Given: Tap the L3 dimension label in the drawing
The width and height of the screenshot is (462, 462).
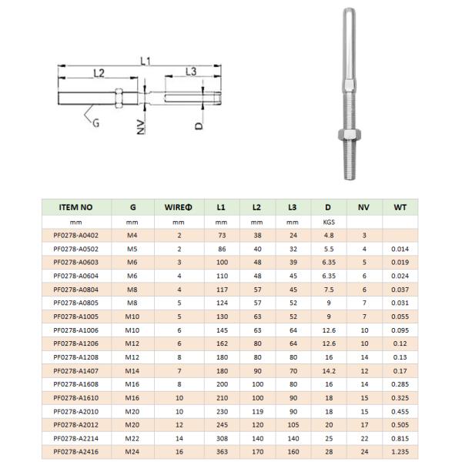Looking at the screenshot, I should (x=191, y=71).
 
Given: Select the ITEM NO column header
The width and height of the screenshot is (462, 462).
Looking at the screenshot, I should (x=75, y=207).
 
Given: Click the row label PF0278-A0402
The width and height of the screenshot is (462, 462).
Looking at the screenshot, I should (x=75, y=234).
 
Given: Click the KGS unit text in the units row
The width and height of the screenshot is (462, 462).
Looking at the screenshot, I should (x=328, y=221).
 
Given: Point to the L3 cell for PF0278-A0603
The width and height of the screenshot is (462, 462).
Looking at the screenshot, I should (x=292, y=262).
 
